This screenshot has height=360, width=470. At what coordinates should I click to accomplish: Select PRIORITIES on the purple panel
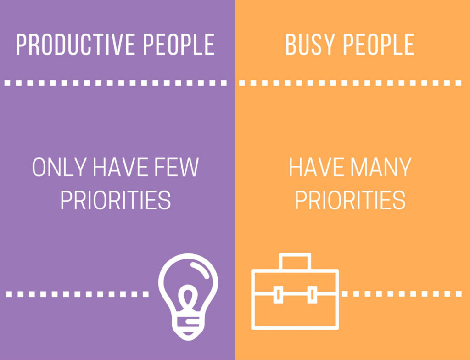point(115,200)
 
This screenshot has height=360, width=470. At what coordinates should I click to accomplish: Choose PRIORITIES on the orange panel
point(350,200)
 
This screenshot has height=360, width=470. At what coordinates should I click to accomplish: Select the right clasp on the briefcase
point(312,294)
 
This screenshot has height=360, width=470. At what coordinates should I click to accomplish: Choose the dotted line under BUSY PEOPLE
point(350,83)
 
